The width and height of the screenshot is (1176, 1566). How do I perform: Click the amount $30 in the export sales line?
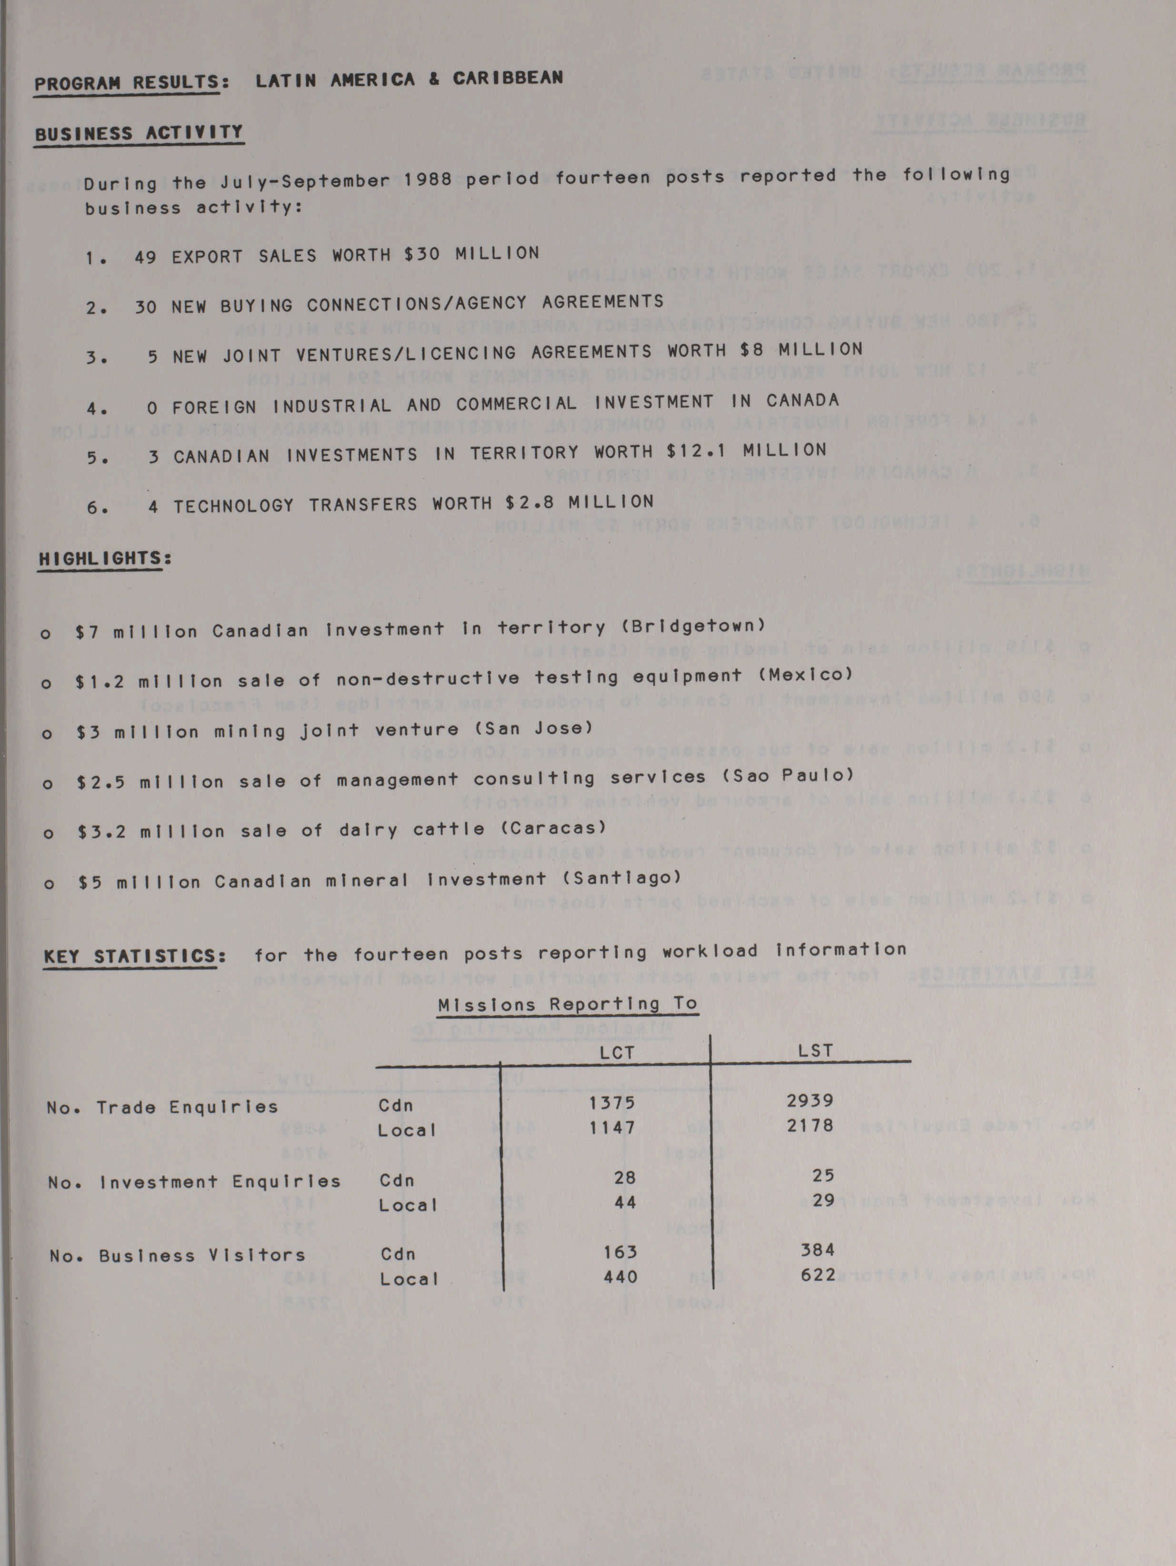pos(422,253)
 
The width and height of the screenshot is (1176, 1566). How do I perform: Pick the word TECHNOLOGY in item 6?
pos(234,505)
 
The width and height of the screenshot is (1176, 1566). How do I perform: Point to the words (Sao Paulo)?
pos(788,776)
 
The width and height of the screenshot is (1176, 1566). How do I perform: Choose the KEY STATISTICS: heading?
pos(135,956)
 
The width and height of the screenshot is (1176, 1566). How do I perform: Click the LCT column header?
pos(617,1053)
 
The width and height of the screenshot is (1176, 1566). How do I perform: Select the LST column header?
pos(815,1051)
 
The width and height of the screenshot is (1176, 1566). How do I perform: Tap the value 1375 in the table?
pos(612,1102)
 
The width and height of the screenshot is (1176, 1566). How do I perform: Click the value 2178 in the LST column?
pos(810,1124)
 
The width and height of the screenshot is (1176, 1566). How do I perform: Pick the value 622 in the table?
pos(818,1275)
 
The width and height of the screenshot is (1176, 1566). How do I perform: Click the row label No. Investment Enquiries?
pos(194,1181)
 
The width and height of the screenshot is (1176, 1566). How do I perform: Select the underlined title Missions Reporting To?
pos(567,1005)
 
